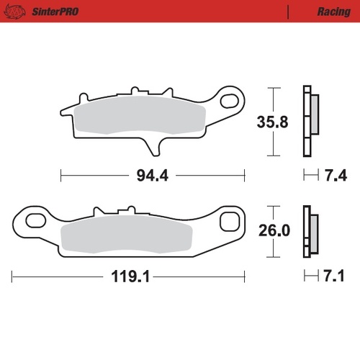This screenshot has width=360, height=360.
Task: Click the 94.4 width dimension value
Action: (x=153, y=176)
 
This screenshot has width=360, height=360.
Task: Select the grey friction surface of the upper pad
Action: (x=140, y=116)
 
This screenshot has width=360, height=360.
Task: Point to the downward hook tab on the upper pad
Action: (x=153, y=146)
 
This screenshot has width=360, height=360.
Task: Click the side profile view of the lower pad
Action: (x=310, y=230)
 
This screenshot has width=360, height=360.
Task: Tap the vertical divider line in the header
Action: (x=289, y=12)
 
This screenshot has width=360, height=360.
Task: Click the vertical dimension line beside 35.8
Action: (x=272, y=122)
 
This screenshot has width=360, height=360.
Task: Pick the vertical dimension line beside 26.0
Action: (x=272, y=230)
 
